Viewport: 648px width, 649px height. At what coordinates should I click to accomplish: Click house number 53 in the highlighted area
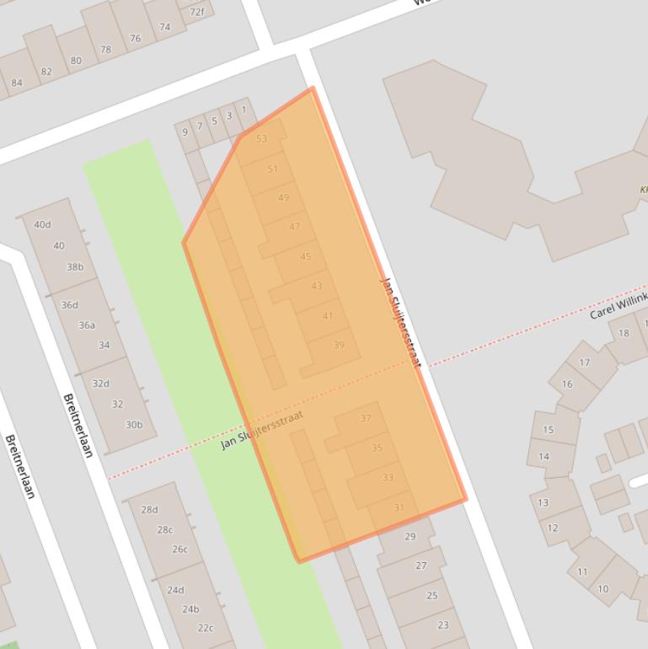pyautogui.click(x=261, y=139)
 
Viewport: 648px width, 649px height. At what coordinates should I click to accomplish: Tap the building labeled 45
pyautogui.click(x=305, y=257)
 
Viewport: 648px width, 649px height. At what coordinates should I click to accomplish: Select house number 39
pyautogui.click(x=339, y=346)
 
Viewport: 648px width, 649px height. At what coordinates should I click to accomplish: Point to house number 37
pyautogui.click(x=366, y=419)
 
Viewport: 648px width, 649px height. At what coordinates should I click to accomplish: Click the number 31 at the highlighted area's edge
pyautogui.click(x=399, y=507)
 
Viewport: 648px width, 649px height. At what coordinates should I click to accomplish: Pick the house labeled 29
pyautogui.click(x=410, y=537)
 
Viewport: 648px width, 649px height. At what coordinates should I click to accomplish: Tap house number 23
pyautogui.click(x=443, y=625)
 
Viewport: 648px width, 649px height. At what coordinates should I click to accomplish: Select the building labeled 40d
pyautogui.click(x=42, y=225)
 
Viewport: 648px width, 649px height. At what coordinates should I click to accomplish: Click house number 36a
pyautogui.click(x=87, y=325)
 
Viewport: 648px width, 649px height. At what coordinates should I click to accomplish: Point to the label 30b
pyautogui.click(x=134, y=425)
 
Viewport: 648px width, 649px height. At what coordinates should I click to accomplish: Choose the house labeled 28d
pyautogui.click(x=149, y=510)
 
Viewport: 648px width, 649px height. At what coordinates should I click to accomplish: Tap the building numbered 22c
pyautogui.click(x=206, y=628)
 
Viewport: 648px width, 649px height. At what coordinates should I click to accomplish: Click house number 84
pyautogui.click(x=17, y=83)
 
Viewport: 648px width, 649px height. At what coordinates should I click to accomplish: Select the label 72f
pyautogui.click(x=196, y=12)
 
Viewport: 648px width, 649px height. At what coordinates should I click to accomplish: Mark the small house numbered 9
pyautogui.click(x=185, y=132)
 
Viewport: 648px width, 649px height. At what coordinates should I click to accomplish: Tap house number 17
pyautogui.click(x=584, y=363)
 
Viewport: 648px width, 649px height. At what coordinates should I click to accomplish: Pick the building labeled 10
pyautogui.click(x=602, y=589)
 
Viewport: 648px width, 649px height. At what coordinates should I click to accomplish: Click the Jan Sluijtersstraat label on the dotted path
pyautogui.click(x=261, y=430)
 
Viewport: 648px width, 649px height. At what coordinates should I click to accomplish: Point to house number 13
pyautogui.click(x=543, y=502)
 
